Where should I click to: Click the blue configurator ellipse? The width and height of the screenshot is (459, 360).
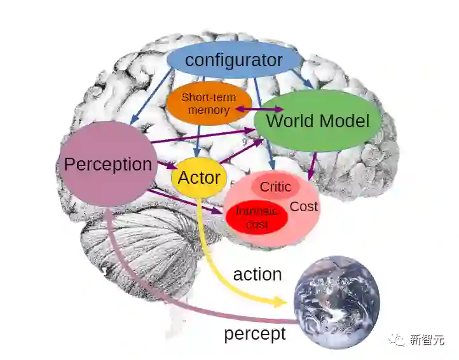[x=233, y=61]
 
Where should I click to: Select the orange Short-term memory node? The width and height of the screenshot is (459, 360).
[x=209, y=104]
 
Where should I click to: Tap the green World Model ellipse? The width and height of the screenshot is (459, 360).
[x=317, y=121]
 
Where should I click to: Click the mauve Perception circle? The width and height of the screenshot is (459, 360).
[x=107, y=164]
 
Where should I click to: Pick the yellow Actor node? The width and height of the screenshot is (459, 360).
[x=199, y=177]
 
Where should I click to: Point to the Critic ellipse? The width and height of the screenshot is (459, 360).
[x=275, y=186]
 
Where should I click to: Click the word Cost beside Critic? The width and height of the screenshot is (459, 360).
[x=304, y=207]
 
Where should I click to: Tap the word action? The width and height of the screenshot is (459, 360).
[x=257, y=274]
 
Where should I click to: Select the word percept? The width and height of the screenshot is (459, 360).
[x=254, y=333]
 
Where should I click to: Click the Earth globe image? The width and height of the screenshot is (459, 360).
[x=336, y=301]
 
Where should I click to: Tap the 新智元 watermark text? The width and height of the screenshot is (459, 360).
[x=427, y=340]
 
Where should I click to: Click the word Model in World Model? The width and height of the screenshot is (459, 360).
[x=344, y=121]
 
